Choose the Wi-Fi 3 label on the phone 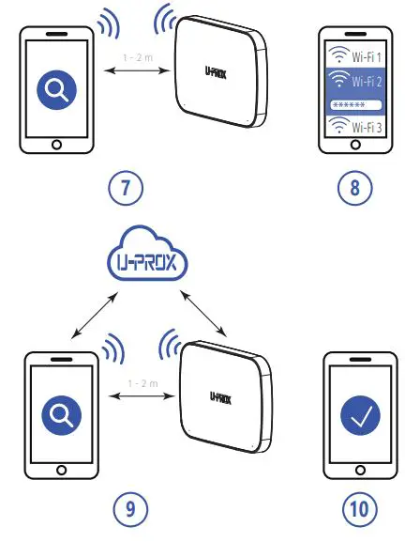360,126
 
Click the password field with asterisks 350,105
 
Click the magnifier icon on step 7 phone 57,91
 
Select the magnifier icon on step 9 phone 57,414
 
